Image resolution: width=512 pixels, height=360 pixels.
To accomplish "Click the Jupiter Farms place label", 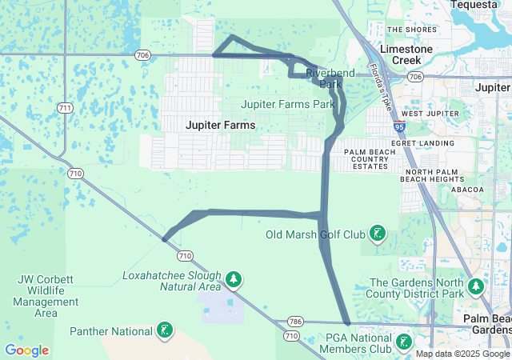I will click(x=220, y=126).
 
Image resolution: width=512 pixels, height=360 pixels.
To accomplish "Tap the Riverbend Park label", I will click(x=325, y=78).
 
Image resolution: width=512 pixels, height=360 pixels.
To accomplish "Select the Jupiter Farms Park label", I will click(x=289, y=104).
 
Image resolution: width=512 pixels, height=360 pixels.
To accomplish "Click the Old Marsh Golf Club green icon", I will click(x=378, y=234).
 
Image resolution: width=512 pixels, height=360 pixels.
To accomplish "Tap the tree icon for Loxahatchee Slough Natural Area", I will click(x=233, y=279).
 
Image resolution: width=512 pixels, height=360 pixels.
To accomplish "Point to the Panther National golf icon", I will click(x=165, y=331).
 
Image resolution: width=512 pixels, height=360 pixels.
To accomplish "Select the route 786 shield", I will click(x=295, y=322).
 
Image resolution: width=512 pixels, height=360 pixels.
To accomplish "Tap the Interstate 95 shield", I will click(x=399, y=126).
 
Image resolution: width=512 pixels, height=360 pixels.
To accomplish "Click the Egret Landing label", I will click(x=435, y=142).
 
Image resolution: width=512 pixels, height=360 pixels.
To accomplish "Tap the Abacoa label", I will click(x=467, y=190).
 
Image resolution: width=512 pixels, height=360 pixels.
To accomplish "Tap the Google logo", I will click(x=26, y=350).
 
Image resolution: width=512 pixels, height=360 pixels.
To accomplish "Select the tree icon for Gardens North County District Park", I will click(x=476, y=286).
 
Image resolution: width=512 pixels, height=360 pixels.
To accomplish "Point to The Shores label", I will click(x=412, y=30).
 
